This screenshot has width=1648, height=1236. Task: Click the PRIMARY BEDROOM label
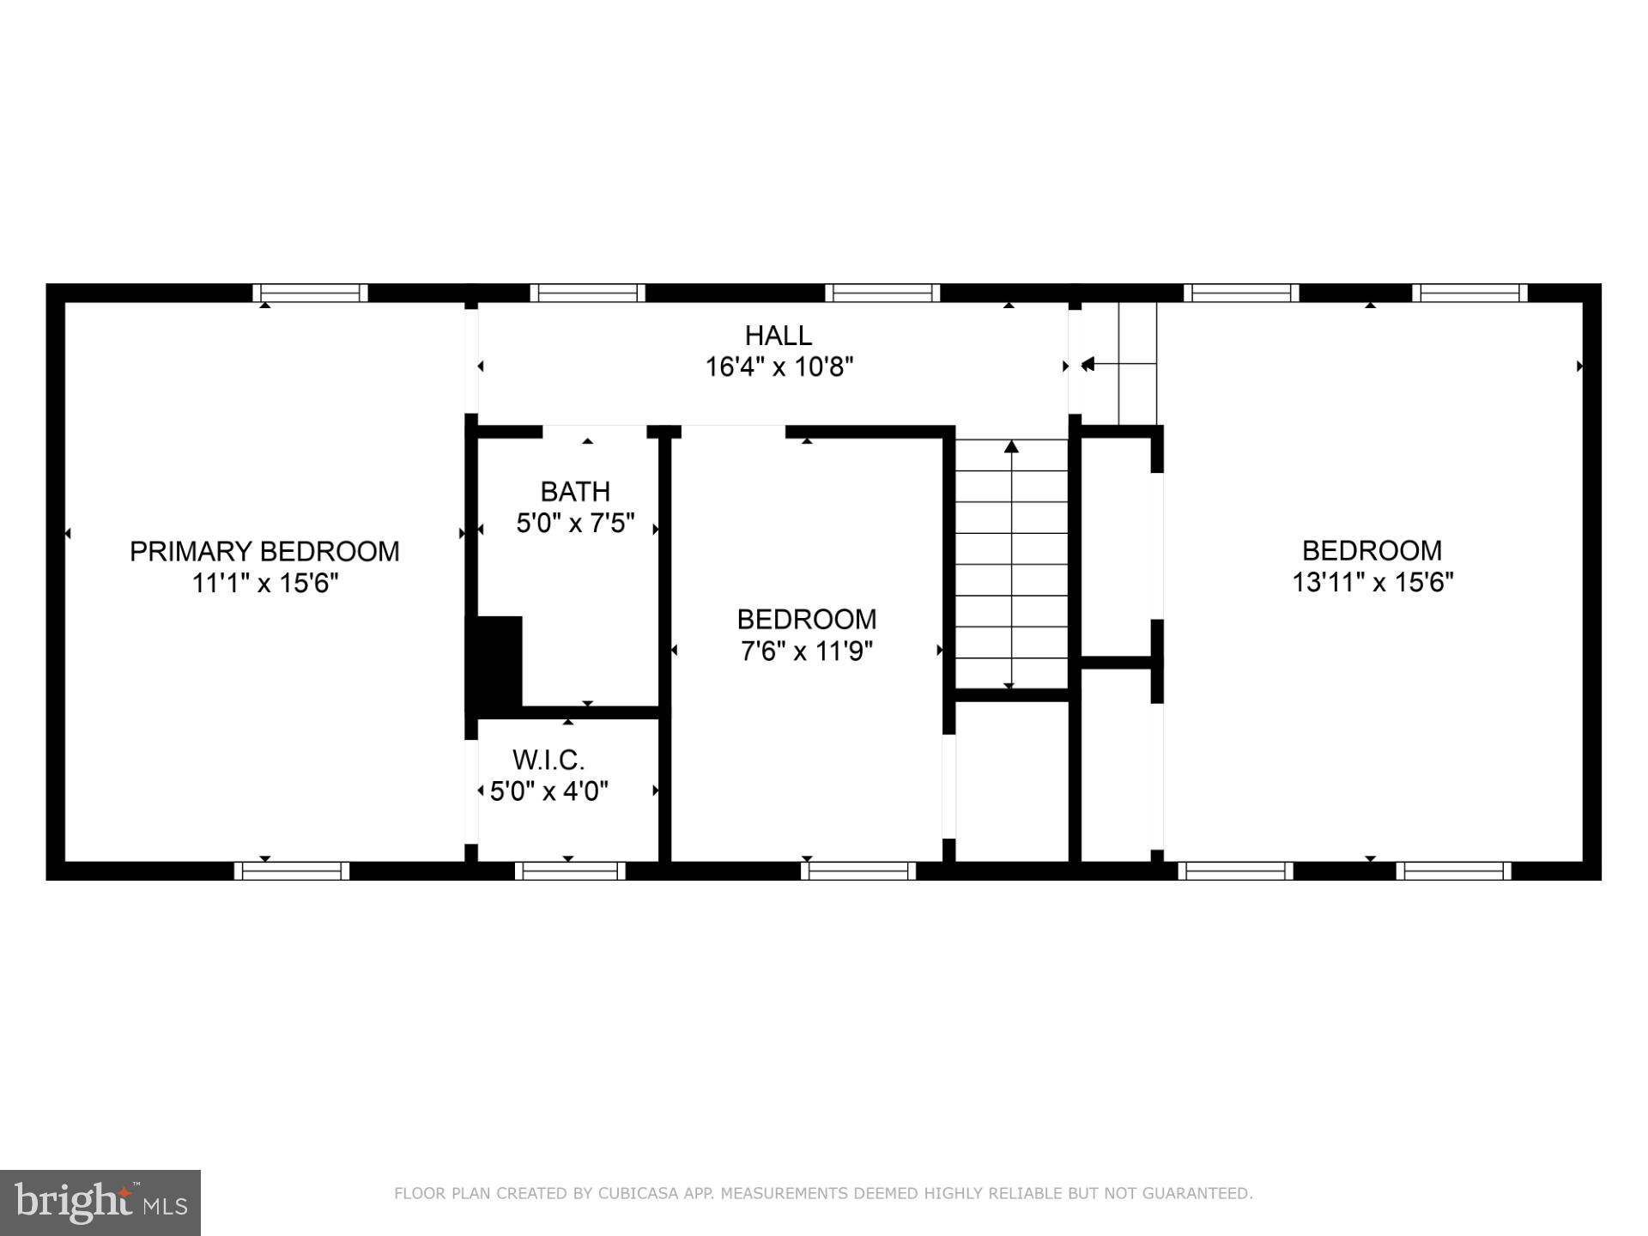[264, 551]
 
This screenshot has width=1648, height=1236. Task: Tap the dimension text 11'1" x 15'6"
[264, 584]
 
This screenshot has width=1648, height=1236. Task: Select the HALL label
[778, 335]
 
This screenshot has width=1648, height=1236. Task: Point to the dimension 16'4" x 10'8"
[779, 367]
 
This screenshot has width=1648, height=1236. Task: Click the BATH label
[575, 492]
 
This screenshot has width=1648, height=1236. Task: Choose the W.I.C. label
[548, 760]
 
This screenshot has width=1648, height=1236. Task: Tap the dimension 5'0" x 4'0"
[548, 791]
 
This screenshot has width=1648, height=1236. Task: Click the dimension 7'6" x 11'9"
[806, 651]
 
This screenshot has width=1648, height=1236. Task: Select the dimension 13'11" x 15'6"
[1372, 583]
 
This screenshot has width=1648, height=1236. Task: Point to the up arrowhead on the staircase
[1011, 446]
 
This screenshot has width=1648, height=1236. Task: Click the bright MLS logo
[100, 1203]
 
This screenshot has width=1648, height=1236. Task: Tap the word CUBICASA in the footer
[639, 1193]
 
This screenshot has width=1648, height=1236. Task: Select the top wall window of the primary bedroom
[310, 293]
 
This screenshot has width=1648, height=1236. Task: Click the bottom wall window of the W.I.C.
[570, 870]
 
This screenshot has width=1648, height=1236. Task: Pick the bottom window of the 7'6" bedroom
[858, 870]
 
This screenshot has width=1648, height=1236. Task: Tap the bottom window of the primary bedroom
[292, 870]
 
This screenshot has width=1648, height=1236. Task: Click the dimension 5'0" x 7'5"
[575, 524]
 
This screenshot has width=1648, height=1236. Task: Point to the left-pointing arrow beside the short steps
[1088, 365]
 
